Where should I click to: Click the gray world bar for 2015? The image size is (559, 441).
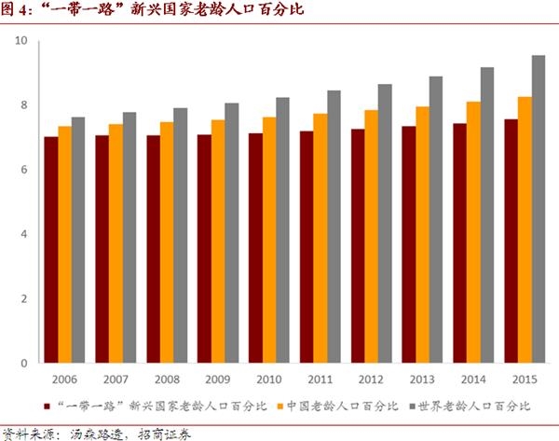[539, 209]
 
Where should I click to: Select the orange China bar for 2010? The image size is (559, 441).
[268, 240]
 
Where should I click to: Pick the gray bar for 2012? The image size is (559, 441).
[385, 223]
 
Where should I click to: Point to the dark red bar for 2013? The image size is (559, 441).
[408, 244]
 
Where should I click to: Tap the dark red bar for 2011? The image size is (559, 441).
[306, 247]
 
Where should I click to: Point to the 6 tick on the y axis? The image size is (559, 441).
[24, 170]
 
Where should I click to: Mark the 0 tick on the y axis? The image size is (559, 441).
[24, 363]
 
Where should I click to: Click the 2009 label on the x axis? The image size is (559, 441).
[217, 380]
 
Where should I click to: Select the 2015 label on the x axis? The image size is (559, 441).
[525, 380]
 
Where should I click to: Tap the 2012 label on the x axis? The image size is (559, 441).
[371, 380]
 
